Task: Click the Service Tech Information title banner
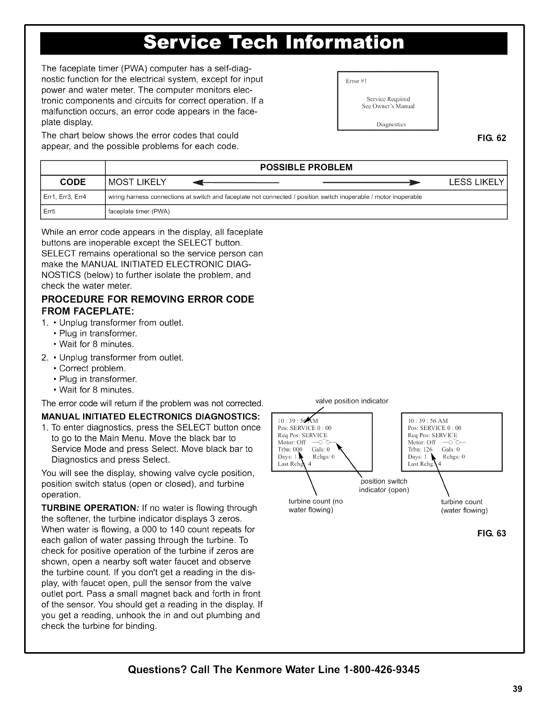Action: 273,43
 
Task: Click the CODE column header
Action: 73,182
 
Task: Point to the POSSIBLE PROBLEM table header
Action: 306,167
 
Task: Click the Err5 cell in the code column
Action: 47,211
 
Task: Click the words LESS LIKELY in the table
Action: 476,182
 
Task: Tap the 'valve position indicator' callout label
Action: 352,401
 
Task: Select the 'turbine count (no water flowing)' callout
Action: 316,506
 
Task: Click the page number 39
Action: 518,688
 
